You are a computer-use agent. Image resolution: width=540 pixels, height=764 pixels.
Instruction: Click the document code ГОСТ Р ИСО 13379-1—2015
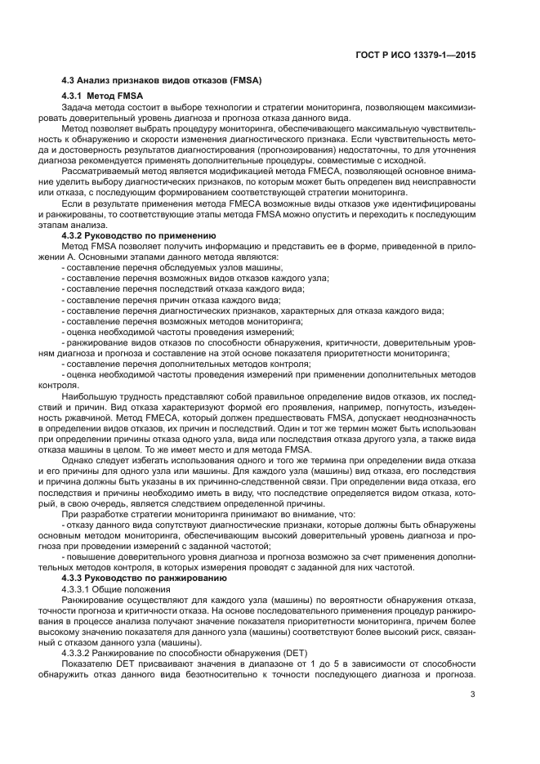(417, 54)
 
